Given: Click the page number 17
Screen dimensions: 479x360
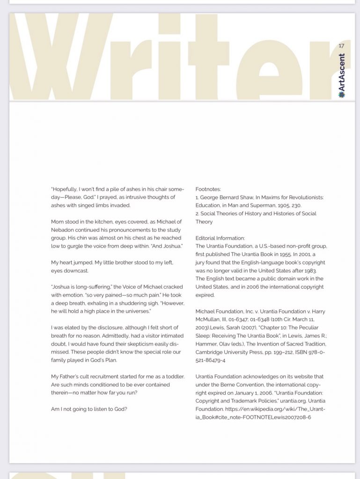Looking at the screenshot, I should (341, 45).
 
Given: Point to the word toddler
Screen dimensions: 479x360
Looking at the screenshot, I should (174, 377).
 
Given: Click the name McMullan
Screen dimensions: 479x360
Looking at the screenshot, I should (208, 319).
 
